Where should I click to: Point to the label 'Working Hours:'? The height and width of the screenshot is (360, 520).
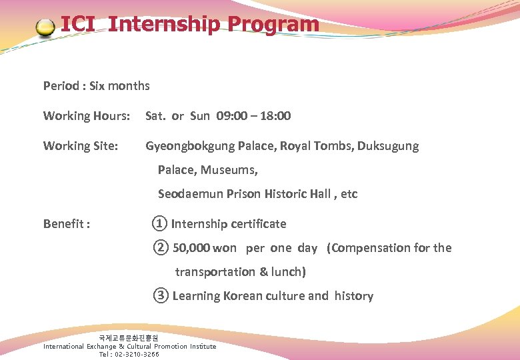(87, 116)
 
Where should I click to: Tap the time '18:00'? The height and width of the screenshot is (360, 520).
(275, 116)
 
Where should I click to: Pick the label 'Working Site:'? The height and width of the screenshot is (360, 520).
(81, 146)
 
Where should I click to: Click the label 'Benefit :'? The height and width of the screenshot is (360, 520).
(67, 224)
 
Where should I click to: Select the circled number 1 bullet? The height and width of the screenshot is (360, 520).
(159, 223)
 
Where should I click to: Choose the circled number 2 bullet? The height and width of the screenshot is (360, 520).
(161, 248)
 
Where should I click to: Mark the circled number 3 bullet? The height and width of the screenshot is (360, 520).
(161, 295)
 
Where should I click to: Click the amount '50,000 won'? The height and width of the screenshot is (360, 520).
(205, 248)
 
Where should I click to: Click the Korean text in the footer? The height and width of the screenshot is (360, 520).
(129, 339)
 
